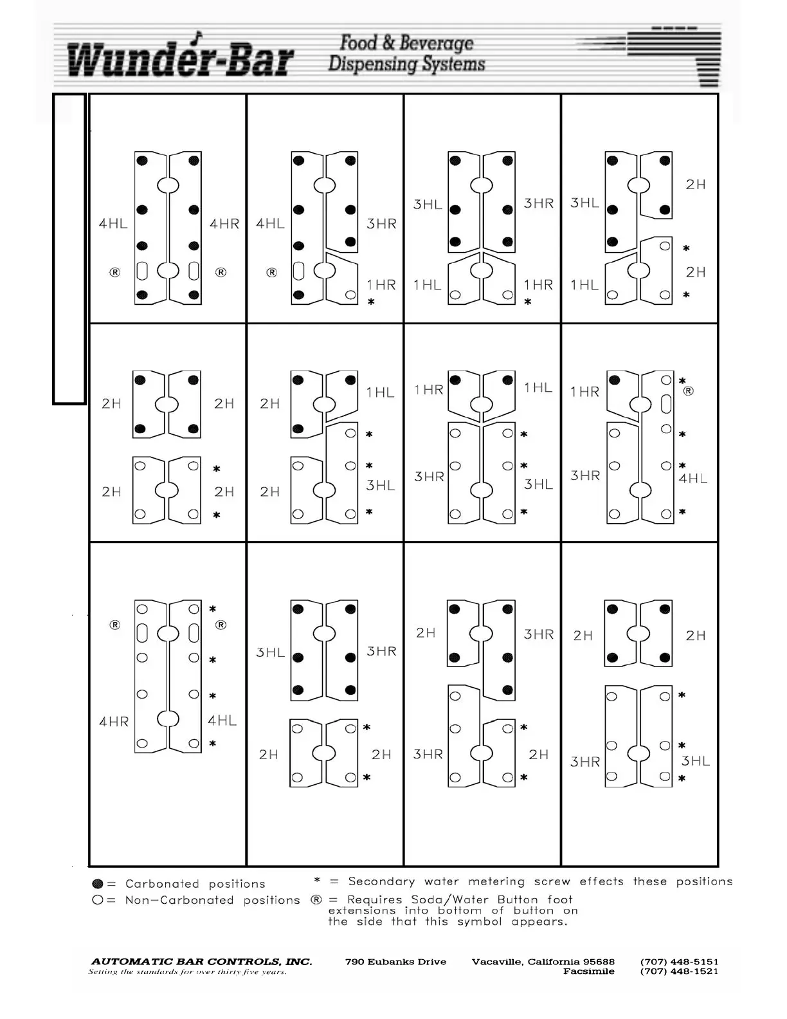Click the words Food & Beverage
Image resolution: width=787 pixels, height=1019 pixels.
click(x=406, y=43)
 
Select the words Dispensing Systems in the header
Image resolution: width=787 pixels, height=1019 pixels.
click(x=406, y=64)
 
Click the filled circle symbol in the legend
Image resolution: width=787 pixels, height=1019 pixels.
click(x=98, y=884)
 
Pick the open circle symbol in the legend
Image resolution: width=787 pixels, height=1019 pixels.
click(x=98, y=900)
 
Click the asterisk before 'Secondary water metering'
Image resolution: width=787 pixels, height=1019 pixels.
click(x=317, y=881)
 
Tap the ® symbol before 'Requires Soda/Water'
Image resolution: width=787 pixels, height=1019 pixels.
click(x=316, y=899)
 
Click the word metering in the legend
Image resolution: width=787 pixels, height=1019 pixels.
click(x=496, y=881)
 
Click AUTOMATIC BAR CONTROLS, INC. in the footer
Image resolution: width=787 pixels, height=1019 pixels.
click(x=201, y=962)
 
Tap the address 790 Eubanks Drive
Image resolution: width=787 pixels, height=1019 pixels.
click(x=395, y=962)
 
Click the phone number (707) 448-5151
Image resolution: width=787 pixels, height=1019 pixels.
click(x=679, y=962)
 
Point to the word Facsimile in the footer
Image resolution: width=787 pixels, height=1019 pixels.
click(x=588, y=971)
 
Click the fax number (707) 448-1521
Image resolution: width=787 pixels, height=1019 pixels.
click(x=679, y=971)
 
